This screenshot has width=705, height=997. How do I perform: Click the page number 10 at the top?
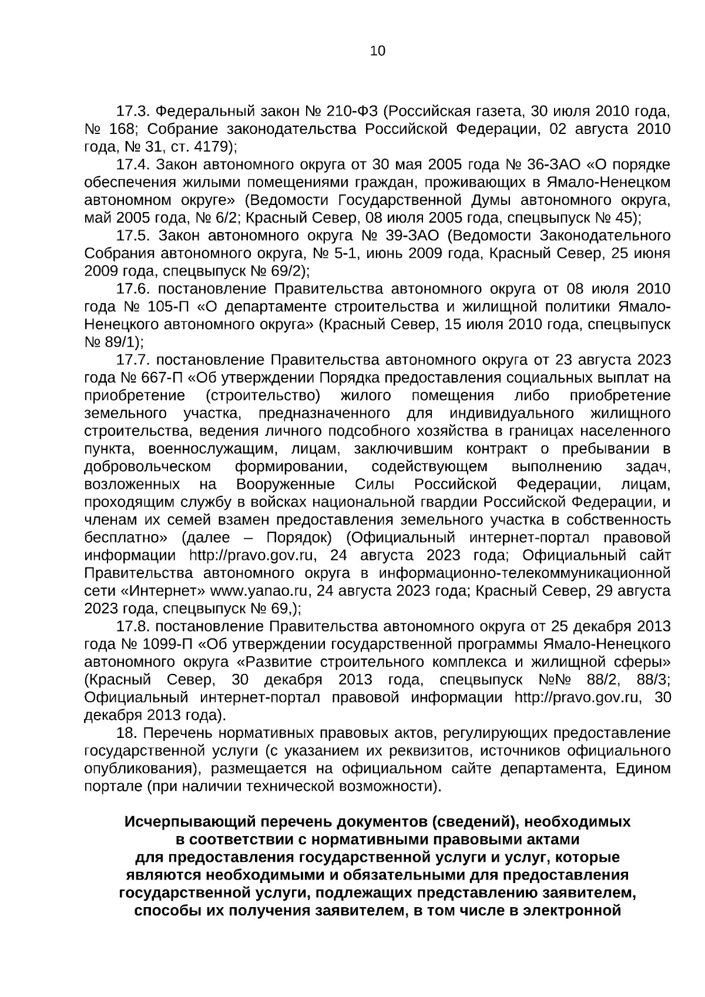pos(378,51)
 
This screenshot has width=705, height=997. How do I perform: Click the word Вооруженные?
pos(286,485)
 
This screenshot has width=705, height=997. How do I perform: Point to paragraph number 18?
pos(127,734)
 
